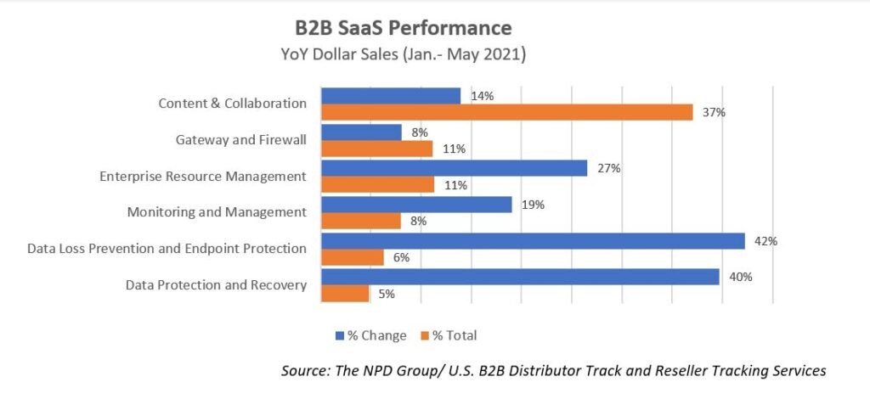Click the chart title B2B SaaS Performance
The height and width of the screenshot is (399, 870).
(x=403, y=29)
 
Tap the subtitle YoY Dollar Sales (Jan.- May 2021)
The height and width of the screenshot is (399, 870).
(x=403, y=55)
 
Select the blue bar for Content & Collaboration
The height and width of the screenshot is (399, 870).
(x=390, y=96)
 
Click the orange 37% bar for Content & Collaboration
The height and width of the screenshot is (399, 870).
(x=506, y=113)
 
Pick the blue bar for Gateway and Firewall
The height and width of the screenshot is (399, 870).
(x=360, y=132)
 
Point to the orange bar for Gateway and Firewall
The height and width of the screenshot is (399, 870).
(x=376, y=149)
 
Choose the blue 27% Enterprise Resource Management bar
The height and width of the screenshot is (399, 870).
(x=454, y=168)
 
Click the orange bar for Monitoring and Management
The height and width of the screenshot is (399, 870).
(x=360, y=222)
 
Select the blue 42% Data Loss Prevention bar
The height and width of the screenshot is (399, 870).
(x=532, y=241)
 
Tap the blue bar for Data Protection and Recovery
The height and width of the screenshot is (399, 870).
(x=519, y=277)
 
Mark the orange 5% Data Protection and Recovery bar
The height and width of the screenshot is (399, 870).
(x=344, y=294)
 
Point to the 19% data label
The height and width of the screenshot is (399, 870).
(x=533, y=205)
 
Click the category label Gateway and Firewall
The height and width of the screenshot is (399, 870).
(x=240, y=139)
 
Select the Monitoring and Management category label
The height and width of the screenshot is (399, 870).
(x=216, y=212)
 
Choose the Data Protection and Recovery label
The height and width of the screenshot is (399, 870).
(x=216, y=285)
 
